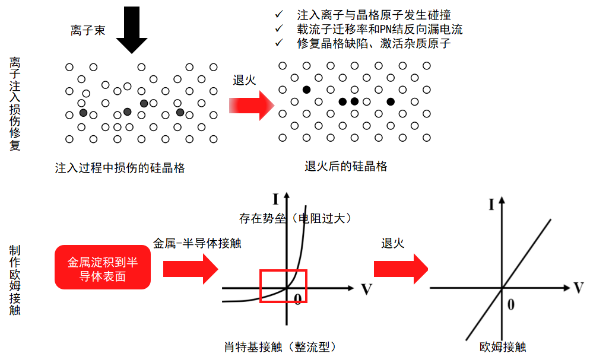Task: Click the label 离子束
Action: (x=88, y=31)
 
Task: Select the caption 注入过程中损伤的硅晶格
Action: (x=120, y=168)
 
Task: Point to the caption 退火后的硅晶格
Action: (x=346, y=167)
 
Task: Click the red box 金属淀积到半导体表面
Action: (x=103, y=268)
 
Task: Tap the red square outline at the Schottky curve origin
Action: (x=283, y=286)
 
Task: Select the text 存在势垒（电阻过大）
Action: (x=296, y=218)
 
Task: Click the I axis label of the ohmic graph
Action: (x=491, y=205)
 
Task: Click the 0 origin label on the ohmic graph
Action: (x=510, y=304)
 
